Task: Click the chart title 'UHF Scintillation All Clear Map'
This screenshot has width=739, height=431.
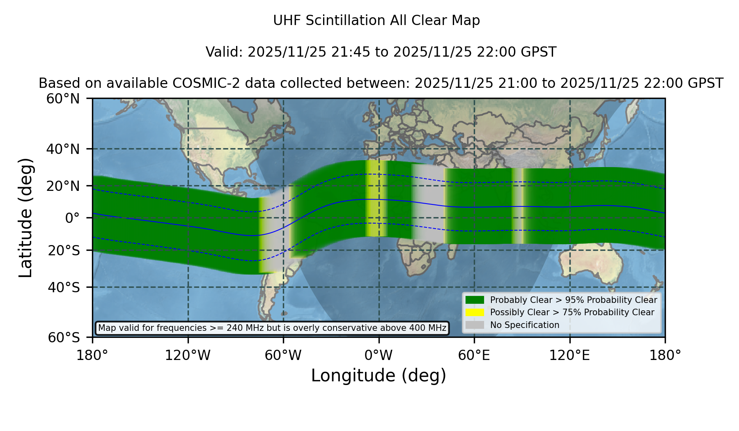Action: click(376, 21)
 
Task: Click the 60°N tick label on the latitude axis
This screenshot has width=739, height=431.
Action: click(63, 99)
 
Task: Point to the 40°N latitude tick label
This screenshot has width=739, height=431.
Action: click(63, 149)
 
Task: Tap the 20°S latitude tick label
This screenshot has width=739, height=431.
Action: click(64, 250)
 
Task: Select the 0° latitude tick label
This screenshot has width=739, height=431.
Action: click(72, 218)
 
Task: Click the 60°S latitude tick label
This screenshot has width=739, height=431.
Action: click(64, 337)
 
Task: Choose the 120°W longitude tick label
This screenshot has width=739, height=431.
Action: click(188, 355)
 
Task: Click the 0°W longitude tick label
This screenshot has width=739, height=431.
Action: click(379, 355)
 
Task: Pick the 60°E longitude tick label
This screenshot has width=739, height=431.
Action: click(474, 355)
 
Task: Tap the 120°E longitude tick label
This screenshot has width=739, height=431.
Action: click(570, 355)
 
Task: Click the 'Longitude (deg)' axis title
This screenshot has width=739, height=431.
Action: click(379, 376)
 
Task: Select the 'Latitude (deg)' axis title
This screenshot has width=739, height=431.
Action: click(25, 218)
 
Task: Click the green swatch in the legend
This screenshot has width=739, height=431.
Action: click(475, 300)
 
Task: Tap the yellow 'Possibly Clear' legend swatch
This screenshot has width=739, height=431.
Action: click(475, 312)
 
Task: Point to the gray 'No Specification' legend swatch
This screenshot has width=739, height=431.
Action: click(475, 325)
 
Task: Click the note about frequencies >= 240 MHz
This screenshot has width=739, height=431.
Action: click(272, 328)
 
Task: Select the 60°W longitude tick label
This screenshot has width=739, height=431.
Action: click(283, 355)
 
